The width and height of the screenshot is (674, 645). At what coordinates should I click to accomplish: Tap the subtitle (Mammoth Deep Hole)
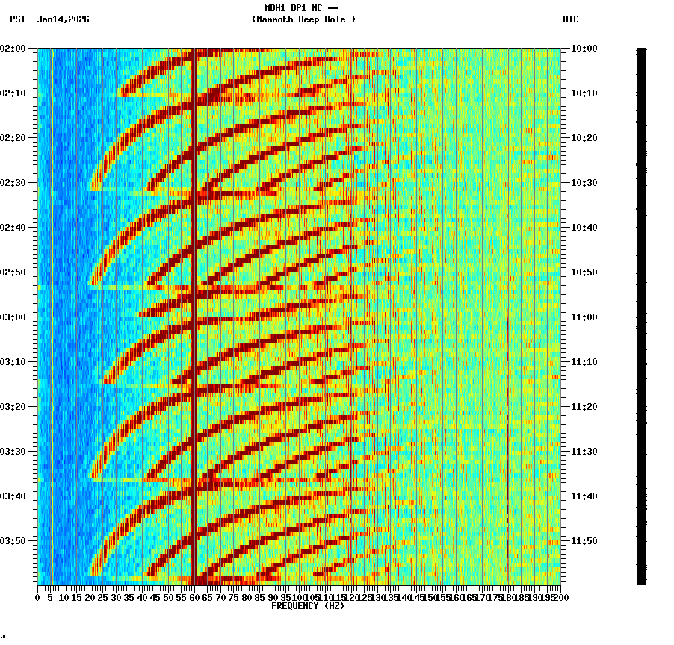pyautogui.click(x=303, y=19)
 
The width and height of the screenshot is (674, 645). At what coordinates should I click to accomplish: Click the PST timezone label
pyautogui.click(x=17, y=19)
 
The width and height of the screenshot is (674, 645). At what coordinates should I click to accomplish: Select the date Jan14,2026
pyautogui.click(x=63, y=19)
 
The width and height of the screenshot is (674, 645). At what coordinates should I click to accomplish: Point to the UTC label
pyautogui.click(x=570, y=19)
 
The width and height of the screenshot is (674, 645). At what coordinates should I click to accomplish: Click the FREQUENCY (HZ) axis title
pyautogui.click(x=308, y=606)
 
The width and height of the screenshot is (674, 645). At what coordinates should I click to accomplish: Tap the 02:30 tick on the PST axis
pyautogui.click(x=13, y=183)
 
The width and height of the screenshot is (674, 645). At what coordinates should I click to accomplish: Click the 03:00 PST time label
pyautogui.click(x=13, y=317)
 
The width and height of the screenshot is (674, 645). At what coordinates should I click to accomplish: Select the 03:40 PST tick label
pyautogui.click(x=13, y=496)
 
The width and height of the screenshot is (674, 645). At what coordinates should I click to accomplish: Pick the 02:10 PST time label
pyautogui.click(x=13, y=93)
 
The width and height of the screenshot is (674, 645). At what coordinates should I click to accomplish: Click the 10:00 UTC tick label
pyautogui.click(x=584, y=49)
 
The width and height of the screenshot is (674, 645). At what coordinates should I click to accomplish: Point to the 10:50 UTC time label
pyautogui.click(x=584, y=272)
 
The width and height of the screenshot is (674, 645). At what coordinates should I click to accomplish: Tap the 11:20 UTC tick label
pyautogui.click(x=584, y=407)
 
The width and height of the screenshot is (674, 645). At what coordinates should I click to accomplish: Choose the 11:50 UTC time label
pyautogui.click(x=584, y=541)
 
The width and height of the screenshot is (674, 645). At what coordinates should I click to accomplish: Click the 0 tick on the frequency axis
pyautogui.click(x=38, y=597)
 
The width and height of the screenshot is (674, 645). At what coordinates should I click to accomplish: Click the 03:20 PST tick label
pyautogui.click(x=13, y=407)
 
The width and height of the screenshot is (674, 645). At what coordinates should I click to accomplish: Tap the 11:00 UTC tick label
pyautogui.click(x=584, y=317)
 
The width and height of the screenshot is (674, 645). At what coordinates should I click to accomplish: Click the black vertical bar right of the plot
pyautogui.click(x=641, y=316)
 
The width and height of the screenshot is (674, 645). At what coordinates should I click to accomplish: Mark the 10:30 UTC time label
pyautogui.click(x=584, y=183)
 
